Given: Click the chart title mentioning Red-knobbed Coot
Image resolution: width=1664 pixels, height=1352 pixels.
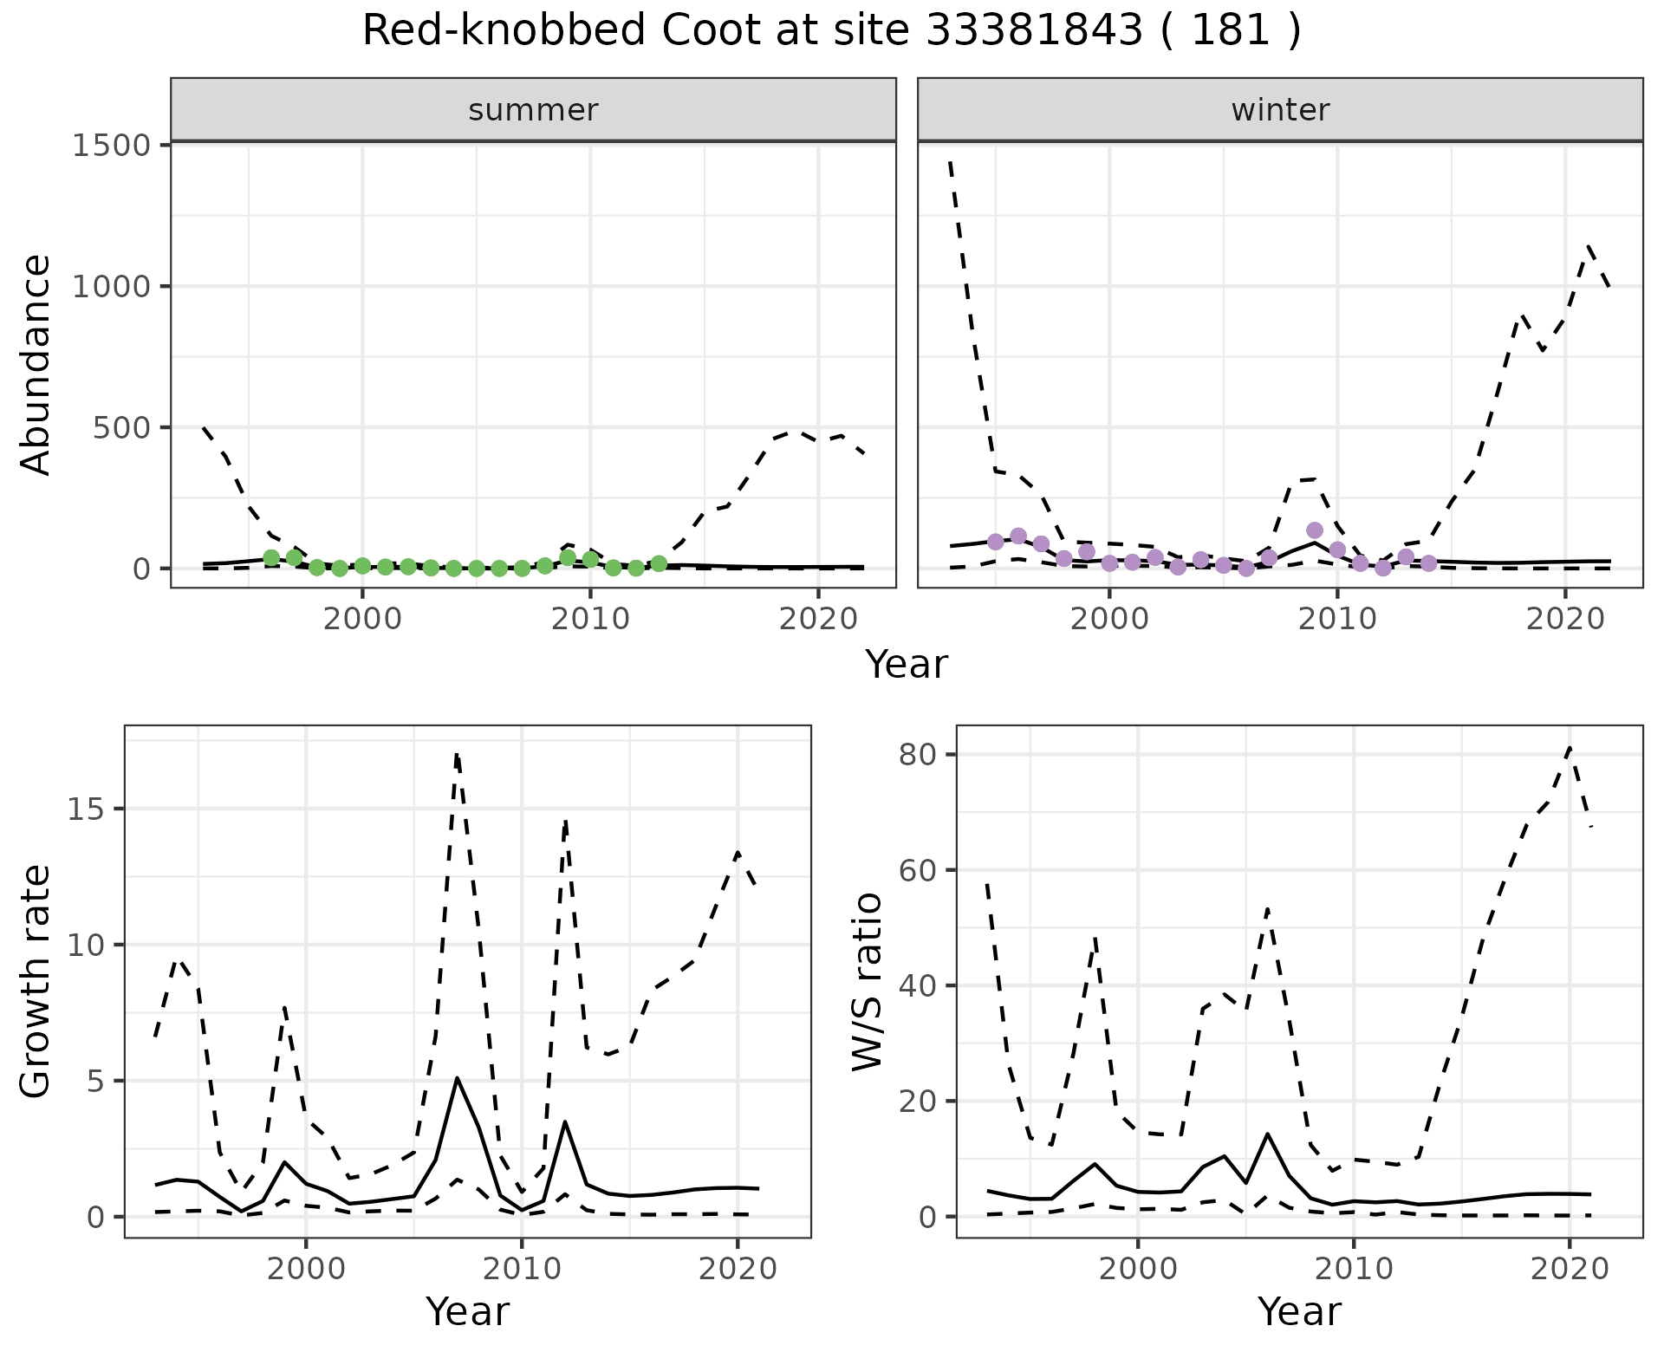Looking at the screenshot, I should pos(831,31).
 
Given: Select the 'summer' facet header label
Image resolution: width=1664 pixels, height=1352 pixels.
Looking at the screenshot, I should pos(533,110).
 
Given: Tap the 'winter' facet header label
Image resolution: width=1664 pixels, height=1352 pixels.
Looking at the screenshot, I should pos(1280,110).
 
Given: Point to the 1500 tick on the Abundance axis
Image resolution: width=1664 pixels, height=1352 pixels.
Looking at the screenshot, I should pos(112,145).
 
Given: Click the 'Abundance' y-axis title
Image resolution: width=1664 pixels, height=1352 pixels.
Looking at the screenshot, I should pos(36,364).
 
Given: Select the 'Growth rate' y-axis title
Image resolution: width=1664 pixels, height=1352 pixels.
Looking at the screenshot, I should pos(36,982).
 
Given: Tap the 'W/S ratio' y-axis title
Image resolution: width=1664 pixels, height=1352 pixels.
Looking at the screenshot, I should pos(868,982).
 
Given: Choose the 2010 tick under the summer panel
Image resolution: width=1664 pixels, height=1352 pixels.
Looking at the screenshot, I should pos(590,619).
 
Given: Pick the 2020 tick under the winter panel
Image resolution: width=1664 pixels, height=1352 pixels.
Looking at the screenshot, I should pos(1565,619).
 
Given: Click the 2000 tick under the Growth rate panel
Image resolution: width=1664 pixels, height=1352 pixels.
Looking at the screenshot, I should pos(305,1269).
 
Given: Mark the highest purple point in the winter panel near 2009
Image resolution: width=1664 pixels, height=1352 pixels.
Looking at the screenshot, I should pos(1315,530).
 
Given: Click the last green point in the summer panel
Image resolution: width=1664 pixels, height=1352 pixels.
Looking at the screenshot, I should pos(659,564).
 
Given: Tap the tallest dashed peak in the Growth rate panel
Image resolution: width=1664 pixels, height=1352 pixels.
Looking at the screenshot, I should pos(457,754).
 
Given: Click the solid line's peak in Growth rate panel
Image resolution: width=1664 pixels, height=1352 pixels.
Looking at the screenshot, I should pos(457,1078).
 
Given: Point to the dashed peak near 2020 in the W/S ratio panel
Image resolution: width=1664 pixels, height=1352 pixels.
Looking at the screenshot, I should pos(1570,747).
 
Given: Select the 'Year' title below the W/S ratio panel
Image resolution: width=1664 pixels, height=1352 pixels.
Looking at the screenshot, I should pos(1299,1311).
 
